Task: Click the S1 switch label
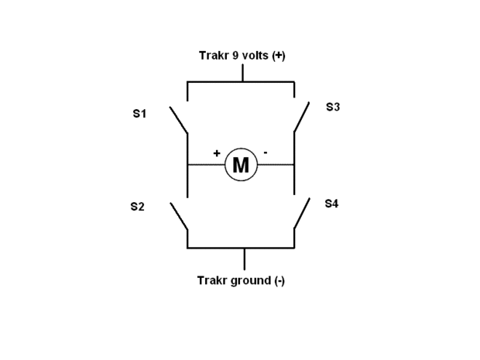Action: [139, 114]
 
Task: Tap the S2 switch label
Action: [138, 207]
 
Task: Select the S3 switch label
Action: [332, 107]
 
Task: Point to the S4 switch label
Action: [331, 203]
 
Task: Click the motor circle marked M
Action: [241, 165]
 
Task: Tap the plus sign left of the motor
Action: [217, 153]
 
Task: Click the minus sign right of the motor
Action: [266, 153]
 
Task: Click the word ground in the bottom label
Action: [249, 280]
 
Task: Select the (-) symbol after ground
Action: [279, 280]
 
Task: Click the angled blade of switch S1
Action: [179, 119]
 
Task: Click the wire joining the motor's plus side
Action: [206, 165]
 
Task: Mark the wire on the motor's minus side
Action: [276, 165]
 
